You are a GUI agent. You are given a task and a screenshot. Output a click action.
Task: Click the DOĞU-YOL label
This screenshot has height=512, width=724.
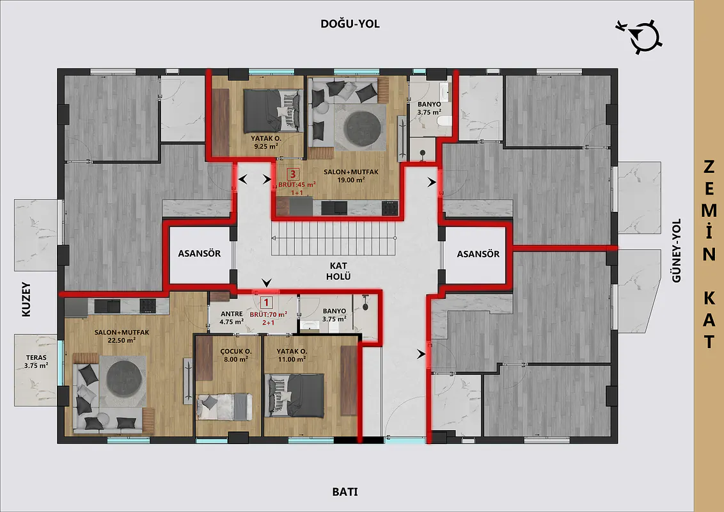[350, 24]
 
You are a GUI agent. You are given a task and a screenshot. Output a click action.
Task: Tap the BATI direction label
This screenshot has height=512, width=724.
[345, 492]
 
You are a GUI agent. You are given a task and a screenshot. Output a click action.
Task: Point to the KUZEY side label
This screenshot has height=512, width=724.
[26, 300]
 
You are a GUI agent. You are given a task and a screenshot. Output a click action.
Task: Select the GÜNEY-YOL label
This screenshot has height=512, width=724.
[677, 250]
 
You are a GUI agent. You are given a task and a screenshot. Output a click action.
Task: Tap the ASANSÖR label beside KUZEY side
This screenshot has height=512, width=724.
[200, 253]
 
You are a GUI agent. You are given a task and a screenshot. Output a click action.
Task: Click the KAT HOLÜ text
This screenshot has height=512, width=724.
[338, 271]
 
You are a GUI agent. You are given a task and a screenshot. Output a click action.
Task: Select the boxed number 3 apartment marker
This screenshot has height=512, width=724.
[293, 174]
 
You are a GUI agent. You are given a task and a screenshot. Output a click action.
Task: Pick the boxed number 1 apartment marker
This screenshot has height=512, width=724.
[267, 303]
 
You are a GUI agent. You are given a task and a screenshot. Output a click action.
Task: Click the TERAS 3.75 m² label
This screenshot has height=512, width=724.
[36, 362]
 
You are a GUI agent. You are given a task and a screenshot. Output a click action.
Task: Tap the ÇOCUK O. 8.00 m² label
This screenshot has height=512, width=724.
[235, 355]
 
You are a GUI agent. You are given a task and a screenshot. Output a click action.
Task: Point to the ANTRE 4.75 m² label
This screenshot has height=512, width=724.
[232, 318]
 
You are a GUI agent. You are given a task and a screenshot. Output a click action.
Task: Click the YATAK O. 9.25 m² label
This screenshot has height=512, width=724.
[265, 142]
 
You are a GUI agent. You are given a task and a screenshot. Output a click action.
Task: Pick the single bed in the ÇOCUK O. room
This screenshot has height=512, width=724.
[224, 406]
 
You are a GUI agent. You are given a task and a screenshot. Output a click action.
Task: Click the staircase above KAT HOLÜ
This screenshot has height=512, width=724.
[333, 238]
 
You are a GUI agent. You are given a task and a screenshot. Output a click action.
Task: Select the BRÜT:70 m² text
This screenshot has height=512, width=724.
[268, 314]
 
